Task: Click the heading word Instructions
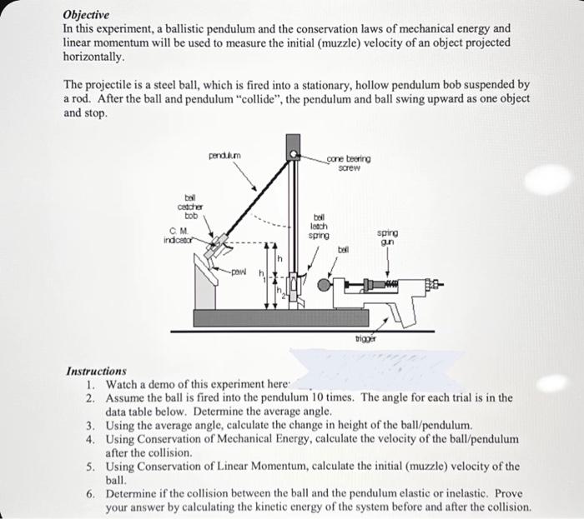[95, 371]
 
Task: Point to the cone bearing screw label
[349, 162]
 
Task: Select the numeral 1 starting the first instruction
[91, 385]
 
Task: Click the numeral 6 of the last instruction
[91, 493]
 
